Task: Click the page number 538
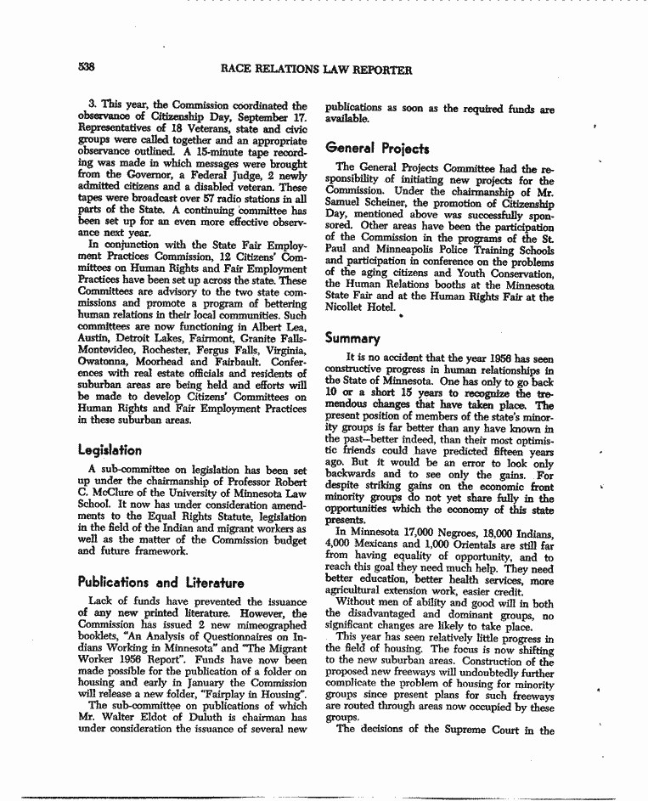pos(84,69)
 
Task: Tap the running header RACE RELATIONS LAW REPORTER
pos(316,70)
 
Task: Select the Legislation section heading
pos(110,449)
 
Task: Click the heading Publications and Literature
pos(161,583)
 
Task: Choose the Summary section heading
pos(352,336)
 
